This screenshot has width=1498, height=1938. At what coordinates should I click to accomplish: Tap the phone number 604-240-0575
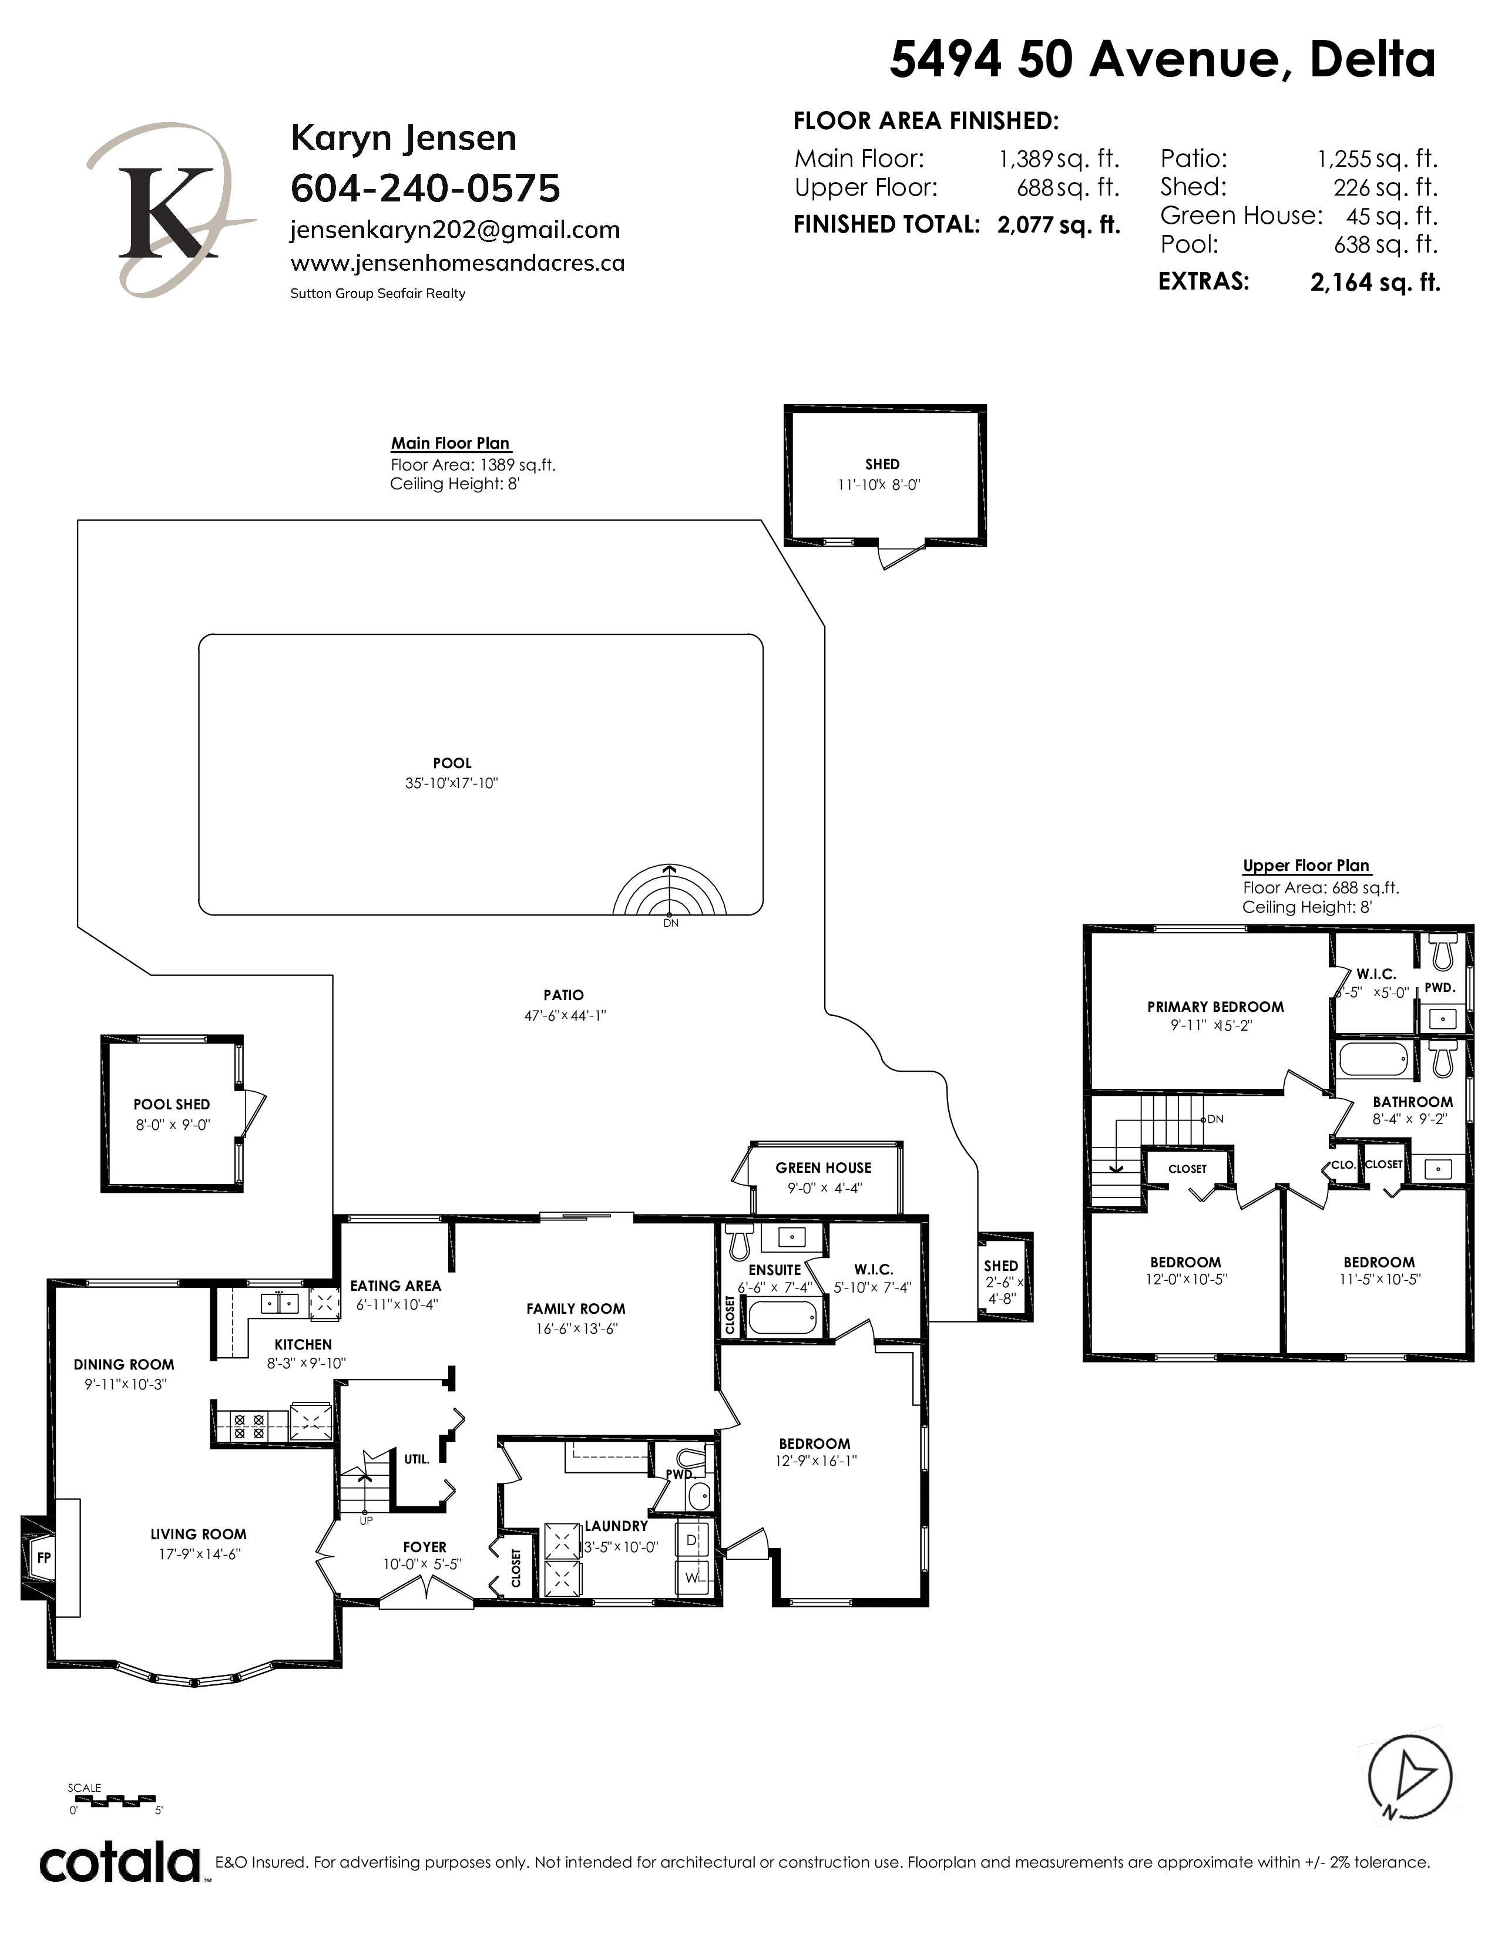coord(426,188)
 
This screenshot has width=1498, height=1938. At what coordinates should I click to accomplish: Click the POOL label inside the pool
coord(452,763)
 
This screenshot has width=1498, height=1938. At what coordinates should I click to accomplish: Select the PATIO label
coord(563,995)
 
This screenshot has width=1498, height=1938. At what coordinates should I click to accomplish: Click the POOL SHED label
coord(172,1105)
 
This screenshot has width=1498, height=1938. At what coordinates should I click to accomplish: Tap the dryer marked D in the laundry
coord(692,1540)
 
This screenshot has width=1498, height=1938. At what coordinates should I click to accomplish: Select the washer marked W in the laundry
coord(692,1579)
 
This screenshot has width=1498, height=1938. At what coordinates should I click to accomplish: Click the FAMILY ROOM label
coord(575,1309)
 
